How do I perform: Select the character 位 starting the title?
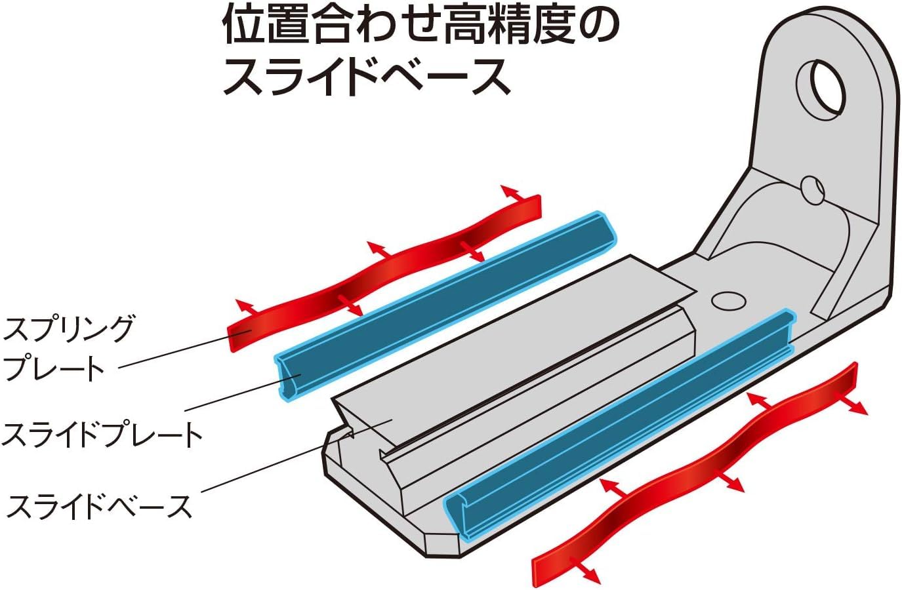[x=244, y=24]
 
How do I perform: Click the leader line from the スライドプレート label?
[x=243, y=393]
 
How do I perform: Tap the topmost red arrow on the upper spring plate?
[x=514, y=193]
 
